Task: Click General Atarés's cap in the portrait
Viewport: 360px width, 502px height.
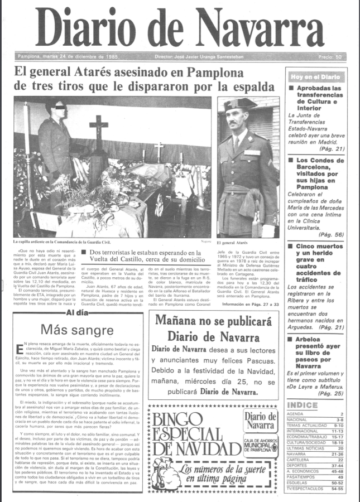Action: pyautogui.click(x=239, y=104)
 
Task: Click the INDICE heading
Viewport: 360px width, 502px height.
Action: pyautogui.click(x=302, y=404)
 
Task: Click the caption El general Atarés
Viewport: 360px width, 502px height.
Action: pyautogui.click(x=234, y=243)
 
